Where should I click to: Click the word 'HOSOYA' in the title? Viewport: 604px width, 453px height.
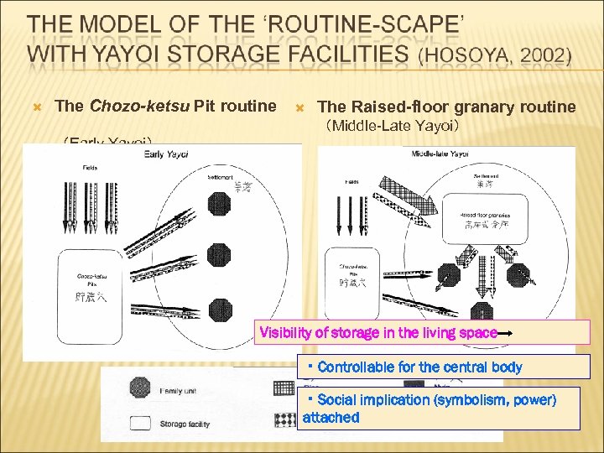point(463,57)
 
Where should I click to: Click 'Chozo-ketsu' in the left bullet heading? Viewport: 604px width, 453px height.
point(139,106)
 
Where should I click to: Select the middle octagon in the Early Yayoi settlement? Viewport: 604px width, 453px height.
point(221,250)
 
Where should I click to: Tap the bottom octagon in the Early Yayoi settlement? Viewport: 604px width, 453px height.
point(221,309)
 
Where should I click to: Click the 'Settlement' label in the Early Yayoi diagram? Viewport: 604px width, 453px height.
point(220,176)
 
